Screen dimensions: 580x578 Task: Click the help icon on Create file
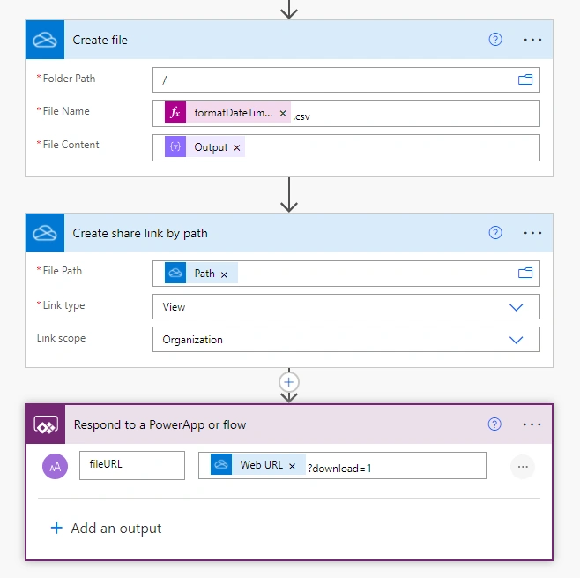tap(495, 39)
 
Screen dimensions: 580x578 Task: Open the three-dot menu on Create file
tap(532, 40)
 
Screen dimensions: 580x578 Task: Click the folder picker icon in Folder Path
tap(525, 79)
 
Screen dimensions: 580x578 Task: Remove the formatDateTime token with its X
tap(283, 113)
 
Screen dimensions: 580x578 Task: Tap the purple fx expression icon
tap(175, 112)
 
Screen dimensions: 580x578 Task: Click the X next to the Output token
tap(237, 147)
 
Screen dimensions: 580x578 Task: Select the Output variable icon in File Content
tap(175, 146)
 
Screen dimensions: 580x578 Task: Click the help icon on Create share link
tap(495, 233)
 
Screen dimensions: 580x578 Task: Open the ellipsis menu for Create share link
tap(532, 233)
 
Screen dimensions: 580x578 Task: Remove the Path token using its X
tap(224, 274)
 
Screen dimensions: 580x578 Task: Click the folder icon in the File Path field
tap(525, 273)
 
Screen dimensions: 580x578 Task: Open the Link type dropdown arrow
tap(516, 307)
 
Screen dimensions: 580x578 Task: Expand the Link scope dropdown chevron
tap(516, 340)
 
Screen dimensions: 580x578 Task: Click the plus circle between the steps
tap(289, 382)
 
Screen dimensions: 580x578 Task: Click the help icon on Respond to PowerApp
tap(494, 424)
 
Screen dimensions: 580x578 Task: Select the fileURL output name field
tap(132, 465)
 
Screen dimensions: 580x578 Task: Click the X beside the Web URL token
tap(293, 466)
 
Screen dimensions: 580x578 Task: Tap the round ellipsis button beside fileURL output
tap(523, 467)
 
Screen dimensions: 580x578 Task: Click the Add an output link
tap(106, 528)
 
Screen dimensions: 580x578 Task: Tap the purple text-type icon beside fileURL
tap(56, 466)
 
